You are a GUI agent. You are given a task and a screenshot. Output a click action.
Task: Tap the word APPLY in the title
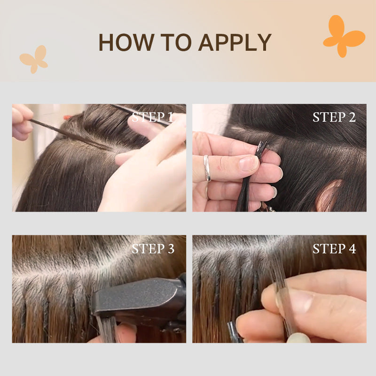(235, 42)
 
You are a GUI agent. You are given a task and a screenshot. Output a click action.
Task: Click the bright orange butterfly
(344, 36)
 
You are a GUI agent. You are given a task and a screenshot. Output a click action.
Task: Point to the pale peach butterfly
(34, 59)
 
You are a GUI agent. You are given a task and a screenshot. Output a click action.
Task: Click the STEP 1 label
(153, 117)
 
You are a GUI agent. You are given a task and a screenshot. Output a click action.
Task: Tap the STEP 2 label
(334, 117)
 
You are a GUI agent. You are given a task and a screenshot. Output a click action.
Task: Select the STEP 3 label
(153, 249)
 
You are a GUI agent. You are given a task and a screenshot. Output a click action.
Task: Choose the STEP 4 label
(334, 249)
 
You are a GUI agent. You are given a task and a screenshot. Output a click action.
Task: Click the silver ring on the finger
(207, 168)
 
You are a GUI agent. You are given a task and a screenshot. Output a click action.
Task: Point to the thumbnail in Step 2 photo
(249, 163)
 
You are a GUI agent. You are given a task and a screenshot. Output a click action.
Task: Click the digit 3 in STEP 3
(171, 249)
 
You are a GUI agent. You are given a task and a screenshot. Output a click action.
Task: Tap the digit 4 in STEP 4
(352, 249)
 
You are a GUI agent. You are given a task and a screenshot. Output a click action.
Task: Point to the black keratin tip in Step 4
(232, 331)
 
